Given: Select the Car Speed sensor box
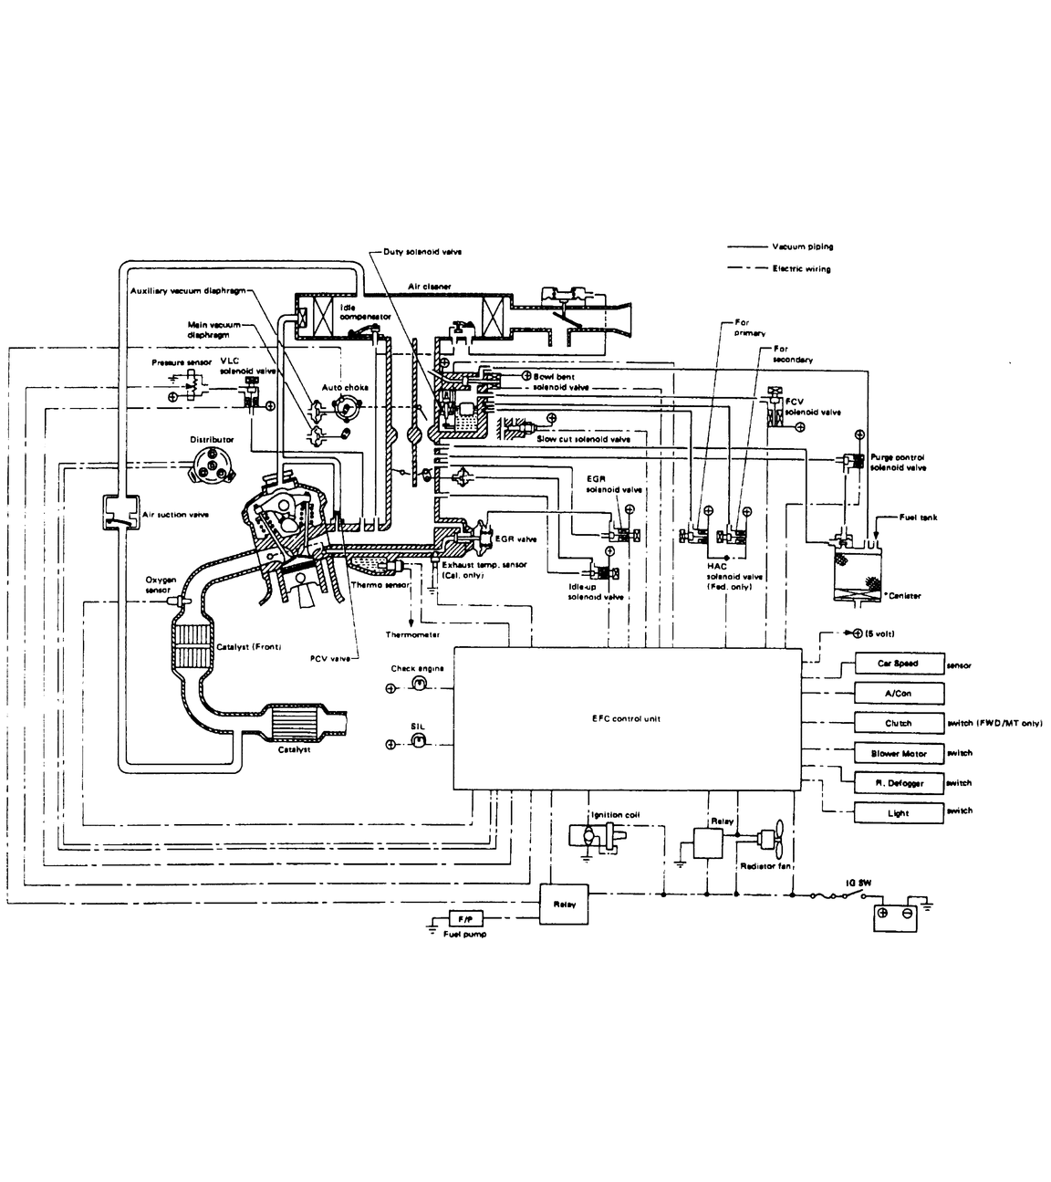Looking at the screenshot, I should point(898,664).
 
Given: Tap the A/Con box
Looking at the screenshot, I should point(898,694).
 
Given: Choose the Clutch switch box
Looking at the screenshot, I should point(898,723).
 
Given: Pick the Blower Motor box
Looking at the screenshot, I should point(898,753).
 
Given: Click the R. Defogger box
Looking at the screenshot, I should point(898,783).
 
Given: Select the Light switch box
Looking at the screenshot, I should point(898,812).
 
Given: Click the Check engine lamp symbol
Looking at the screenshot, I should point(419,685).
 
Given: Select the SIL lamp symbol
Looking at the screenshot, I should point(419,743).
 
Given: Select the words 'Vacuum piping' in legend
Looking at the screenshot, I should point(802,246).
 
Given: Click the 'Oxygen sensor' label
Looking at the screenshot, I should point(158,584).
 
